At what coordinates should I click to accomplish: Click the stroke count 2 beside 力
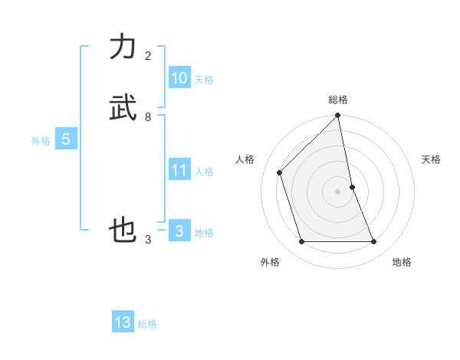point(148,56)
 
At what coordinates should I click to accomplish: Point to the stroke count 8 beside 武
point(148,117)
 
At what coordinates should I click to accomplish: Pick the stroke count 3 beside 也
point(148,240)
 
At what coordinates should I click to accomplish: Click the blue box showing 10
point(179,78)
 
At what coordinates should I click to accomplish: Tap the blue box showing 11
point(179,170)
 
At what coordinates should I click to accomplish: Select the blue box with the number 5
point(66,139)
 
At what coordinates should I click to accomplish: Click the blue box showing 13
point(123,322)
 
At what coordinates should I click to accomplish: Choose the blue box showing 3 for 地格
point(179,231)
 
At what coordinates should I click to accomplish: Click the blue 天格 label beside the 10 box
point(204,80)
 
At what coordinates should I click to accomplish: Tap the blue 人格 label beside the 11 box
point(204,172)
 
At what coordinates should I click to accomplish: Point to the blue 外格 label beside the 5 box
point(41,141)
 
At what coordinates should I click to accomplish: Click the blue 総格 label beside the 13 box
point(147,324)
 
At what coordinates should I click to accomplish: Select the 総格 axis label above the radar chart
point(338,100)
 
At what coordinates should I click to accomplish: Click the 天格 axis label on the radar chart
point(432,159)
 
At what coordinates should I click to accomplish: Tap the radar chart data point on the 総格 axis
point(338,116)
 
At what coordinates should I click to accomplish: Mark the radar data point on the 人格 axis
point(280,172)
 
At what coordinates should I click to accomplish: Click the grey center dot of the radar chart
point(338,191)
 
